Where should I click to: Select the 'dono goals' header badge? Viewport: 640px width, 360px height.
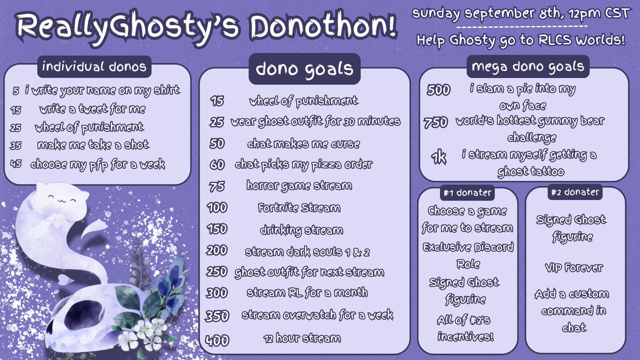(x=305, y=69)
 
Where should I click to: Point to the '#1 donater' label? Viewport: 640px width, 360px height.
(x=467, y=193)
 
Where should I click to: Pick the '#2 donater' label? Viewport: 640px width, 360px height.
(x=575, y=192)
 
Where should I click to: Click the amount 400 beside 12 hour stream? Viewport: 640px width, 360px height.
(x=216, y=340)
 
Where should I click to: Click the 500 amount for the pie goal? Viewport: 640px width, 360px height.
(x=438, y=90)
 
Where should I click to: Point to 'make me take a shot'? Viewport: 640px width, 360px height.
(x=93, y=145)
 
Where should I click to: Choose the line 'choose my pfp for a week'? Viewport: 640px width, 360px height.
(x=97, y=164)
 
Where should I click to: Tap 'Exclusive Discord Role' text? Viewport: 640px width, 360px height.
(x=468, y=255)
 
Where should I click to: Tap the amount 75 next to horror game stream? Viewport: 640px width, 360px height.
(x=218, y=186)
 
